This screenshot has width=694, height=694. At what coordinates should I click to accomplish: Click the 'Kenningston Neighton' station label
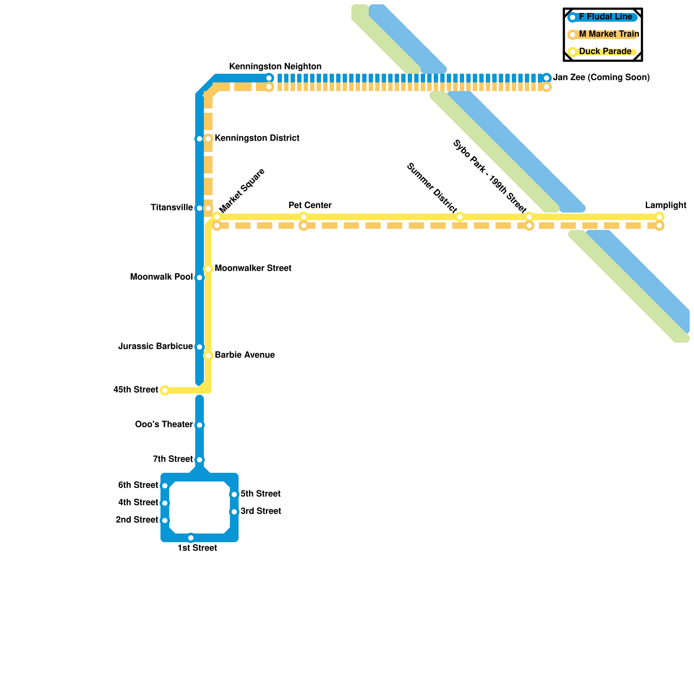[275, 67]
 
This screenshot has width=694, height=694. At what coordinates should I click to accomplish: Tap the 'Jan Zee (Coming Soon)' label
[601, 78]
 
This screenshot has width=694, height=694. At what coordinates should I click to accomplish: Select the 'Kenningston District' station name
[257, 138]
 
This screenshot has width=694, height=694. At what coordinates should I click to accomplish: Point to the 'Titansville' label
[172, 208]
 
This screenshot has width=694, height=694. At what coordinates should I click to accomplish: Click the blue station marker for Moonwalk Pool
[200, 278]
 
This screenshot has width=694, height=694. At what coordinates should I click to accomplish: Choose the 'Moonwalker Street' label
[253, 268]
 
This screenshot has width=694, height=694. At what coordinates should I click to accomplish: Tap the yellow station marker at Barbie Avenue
[208, 356]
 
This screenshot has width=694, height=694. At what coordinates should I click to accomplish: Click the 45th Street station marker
[165, 390]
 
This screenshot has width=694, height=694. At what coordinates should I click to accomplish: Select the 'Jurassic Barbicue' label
[155, 347]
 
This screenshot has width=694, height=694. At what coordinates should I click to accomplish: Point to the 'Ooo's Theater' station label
[164, 425]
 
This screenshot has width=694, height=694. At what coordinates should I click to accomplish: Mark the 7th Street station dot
[200, 460]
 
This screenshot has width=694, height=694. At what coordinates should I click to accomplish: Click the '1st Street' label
[197, 548]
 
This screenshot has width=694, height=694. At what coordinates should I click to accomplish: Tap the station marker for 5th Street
[234, 494]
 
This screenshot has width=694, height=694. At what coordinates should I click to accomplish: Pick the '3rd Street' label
[261, 511]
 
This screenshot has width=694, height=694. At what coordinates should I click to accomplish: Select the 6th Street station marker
[165, 486]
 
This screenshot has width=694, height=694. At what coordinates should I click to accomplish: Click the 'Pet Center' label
[310, 206]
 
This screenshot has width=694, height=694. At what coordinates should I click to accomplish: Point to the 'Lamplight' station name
[665, 206]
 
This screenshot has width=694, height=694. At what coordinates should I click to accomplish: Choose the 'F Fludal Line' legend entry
[605, 17]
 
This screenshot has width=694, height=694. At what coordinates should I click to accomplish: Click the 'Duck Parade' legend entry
[605, 52]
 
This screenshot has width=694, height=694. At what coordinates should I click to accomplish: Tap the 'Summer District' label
[432, 188]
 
